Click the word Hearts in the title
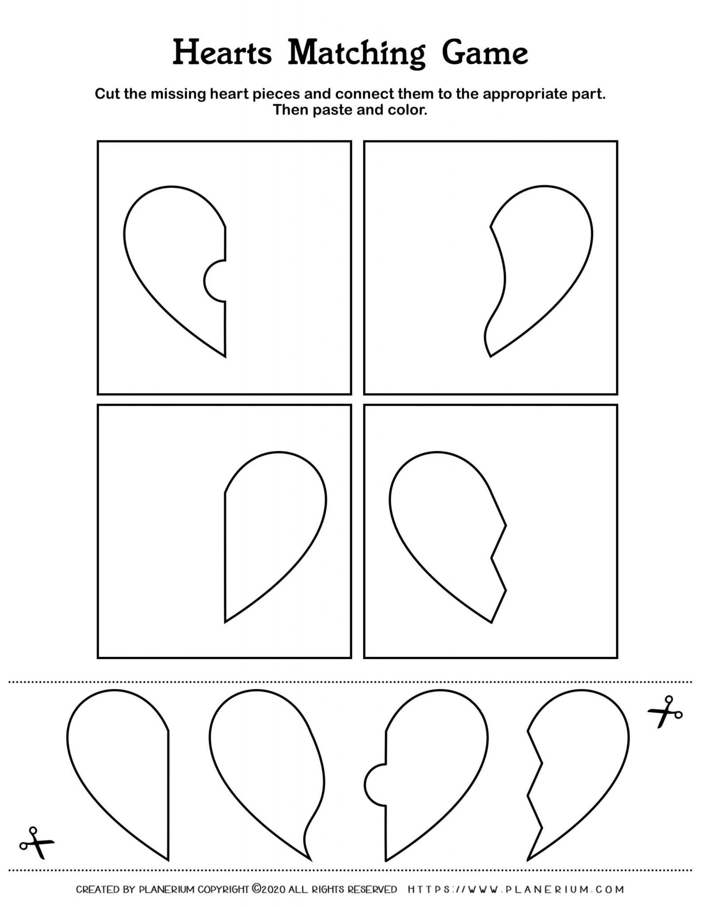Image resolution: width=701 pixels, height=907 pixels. [x=222, y=53]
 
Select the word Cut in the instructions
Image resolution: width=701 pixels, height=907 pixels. [x=108, y=94]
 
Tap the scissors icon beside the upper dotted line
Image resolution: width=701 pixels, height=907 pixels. [x=665, y=712]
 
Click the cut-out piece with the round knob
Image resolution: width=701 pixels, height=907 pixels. [x=425, y=771]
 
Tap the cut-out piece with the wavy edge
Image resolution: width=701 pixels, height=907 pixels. [x=266, y=771]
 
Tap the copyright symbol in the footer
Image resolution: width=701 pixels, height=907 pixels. [x=257, y=888]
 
